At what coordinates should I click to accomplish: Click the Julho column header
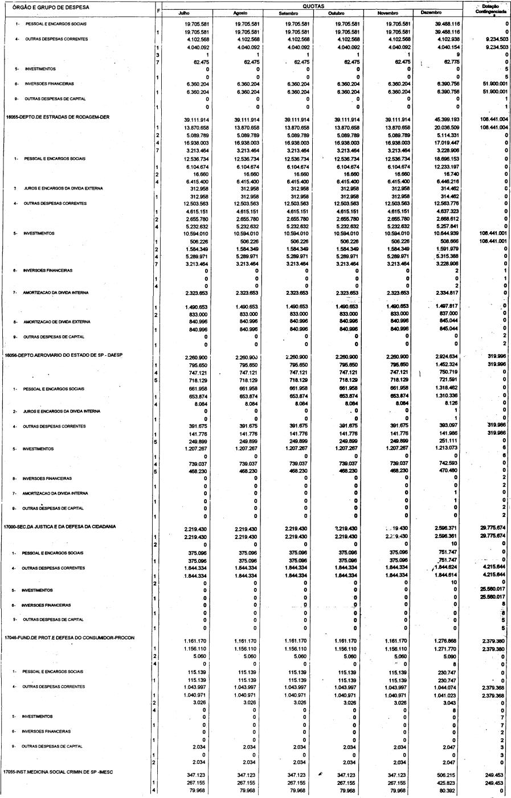186,13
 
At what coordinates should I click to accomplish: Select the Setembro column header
288,13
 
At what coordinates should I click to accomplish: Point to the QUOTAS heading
312,5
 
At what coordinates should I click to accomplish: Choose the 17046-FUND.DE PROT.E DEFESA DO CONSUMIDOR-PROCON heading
70,637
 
